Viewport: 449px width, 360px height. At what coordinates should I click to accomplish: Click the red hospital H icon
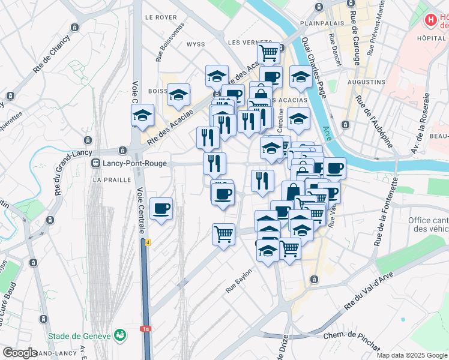430,21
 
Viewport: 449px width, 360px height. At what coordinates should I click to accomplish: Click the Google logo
20,353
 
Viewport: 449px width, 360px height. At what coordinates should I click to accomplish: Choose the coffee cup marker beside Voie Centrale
161,209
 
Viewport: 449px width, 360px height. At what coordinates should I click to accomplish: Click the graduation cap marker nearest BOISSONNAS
178,95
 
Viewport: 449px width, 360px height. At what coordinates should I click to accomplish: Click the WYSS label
196,44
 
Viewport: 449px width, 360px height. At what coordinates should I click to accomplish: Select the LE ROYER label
160,17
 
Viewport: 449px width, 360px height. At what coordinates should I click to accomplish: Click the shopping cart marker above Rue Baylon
223,233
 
